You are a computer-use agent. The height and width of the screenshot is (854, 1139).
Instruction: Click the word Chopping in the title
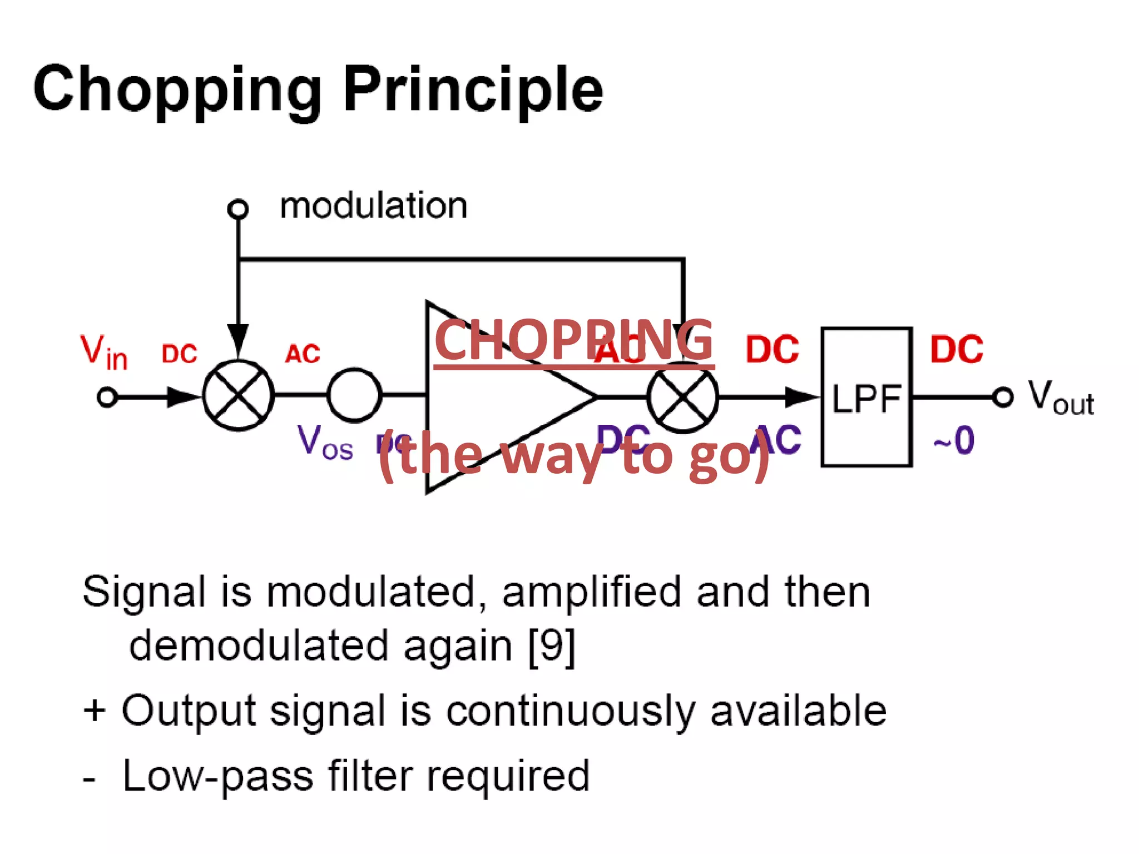177,89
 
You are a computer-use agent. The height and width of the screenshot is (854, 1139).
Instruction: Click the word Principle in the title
473,89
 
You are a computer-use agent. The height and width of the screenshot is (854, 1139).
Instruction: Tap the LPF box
866,397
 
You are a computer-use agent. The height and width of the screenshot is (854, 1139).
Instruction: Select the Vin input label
103,352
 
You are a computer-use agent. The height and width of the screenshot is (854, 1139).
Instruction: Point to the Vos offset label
325,442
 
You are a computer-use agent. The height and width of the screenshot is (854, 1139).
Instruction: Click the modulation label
373,206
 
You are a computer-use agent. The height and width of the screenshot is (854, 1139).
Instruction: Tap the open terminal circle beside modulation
238,209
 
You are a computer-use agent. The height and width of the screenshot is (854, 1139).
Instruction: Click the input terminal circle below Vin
107,398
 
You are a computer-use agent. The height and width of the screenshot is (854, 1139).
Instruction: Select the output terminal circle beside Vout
1003,397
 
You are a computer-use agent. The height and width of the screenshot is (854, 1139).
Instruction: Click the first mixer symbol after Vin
238,395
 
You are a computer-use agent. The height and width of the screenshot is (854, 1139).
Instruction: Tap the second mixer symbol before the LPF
683,397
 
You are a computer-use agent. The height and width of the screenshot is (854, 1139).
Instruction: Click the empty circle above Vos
354,395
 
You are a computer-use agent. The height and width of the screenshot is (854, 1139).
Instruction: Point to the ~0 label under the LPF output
954,441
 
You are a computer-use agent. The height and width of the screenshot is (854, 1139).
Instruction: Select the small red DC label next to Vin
179,354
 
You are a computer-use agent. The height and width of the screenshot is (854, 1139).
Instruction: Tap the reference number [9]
551,646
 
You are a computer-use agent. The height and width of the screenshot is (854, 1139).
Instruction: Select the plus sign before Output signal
94,711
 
